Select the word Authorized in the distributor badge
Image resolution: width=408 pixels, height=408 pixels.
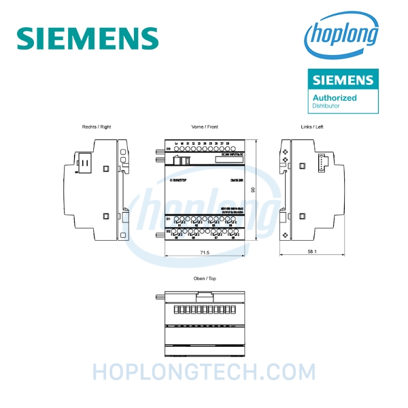[334, 98]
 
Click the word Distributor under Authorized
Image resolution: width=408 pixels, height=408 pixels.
[326, 106]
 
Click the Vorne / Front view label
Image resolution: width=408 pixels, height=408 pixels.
[203, 127]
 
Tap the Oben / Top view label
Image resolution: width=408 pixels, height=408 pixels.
[203, 279]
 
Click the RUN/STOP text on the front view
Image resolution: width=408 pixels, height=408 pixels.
[178, 181]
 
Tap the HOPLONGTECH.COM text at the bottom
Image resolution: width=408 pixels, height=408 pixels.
[203, 372]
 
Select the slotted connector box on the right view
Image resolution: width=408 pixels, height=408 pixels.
[85, 163]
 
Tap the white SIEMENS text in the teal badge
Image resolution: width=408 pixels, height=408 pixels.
[342, 80]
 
